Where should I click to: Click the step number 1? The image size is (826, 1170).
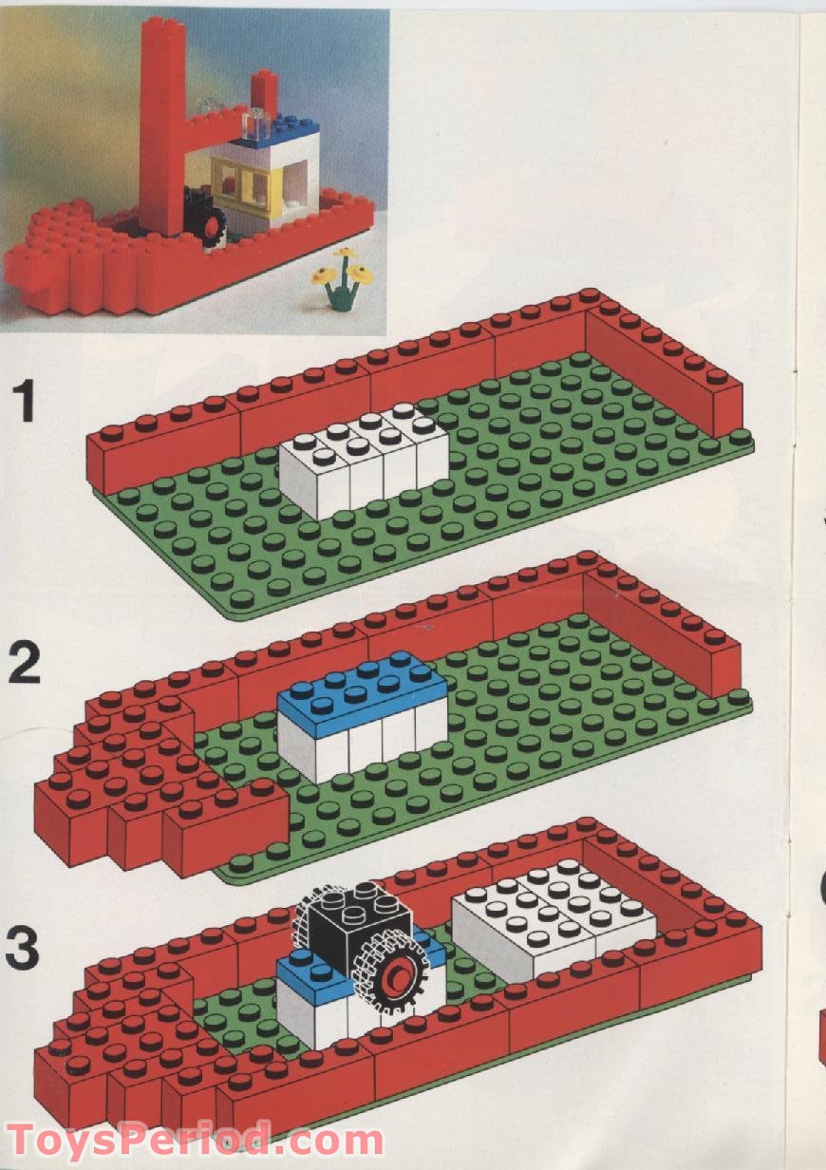pyautogui.click(x=36, y=402)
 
